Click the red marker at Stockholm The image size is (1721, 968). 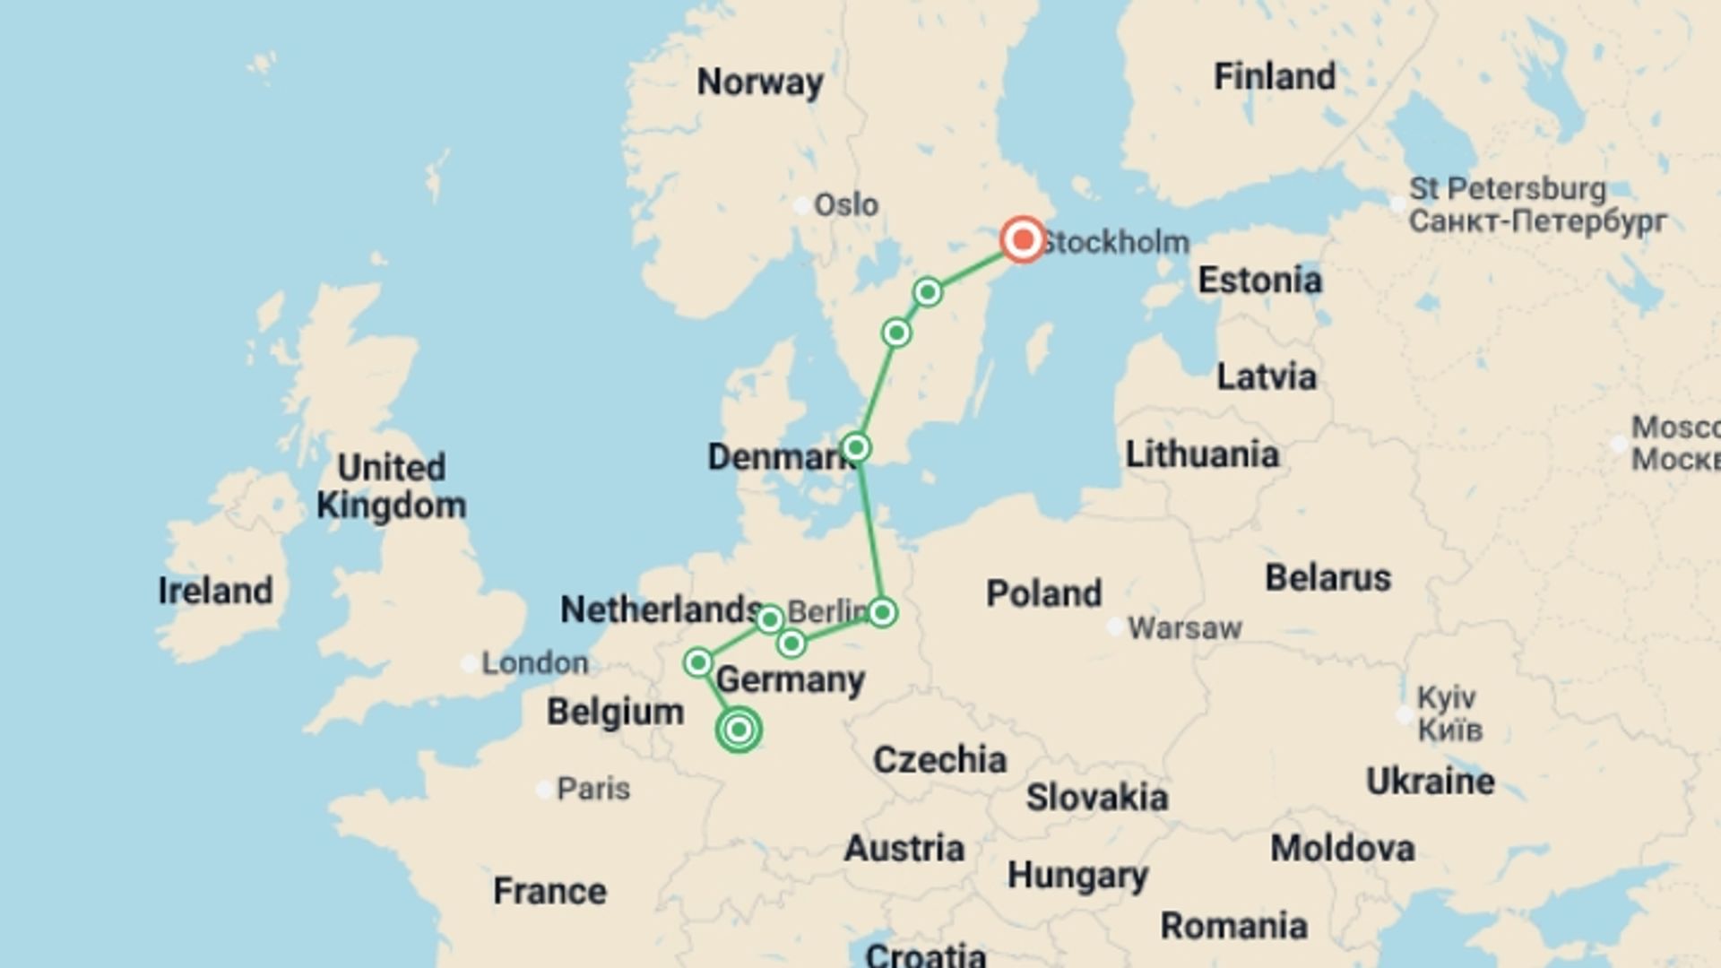pos(1022,239)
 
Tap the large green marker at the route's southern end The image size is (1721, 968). pos(739,730)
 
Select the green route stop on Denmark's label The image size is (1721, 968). pos(856,447)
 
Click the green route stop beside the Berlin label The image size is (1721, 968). pos(882,613)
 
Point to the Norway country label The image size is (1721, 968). pos(760,82)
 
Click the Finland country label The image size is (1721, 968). pos(1274,77)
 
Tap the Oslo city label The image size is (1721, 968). pos(845,205)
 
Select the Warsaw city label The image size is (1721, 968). pos(1184,628)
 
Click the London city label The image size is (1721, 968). pos(535,663)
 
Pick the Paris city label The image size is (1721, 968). pos(593,789)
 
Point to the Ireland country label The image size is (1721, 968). pos(215,591)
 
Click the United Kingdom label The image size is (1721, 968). pos(392,487)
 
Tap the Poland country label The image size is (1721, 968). pos(1043,593)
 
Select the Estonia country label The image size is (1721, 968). pos(1259,281)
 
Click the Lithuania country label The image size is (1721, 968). pos(1201,454)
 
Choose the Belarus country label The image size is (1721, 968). pos(1328,578)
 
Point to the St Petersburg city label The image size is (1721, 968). pos(1508,189)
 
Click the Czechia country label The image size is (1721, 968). pos(939,760)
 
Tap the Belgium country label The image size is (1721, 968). pos(615,713)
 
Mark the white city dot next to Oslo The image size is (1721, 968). pos(801,205)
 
